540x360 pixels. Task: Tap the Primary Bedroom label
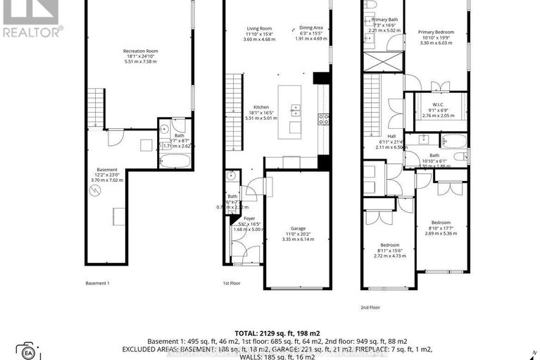click(436, 32)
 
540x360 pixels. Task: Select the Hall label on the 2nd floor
click(391, 136)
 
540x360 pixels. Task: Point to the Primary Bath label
click(385, 19)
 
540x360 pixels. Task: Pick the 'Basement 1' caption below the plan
click(97, 283)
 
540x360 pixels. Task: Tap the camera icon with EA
click(29, 350)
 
